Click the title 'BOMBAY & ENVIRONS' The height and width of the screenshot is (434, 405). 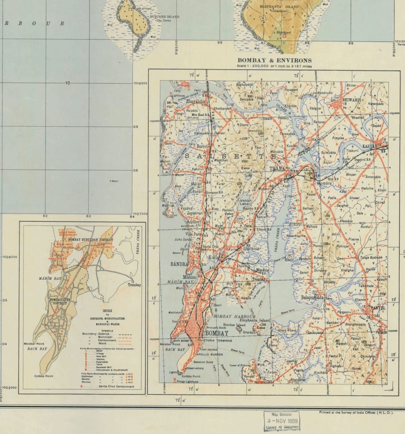[274, 60]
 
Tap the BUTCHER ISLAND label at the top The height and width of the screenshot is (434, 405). [164, 17]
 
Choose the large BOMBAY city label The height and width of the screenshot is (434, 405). [217, 334]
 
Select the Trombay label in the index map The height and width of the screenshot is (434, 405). [134, 285]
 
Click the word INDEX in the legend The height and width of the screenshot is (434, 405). [107, 311]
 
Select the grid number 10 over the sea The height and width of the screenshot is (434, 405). [67, 83]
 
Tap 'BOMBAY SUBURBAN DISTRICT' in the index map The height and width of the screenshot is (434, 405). [88, 240]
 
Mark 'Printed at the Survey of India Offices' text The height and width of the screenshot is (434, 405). [356, 412]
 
